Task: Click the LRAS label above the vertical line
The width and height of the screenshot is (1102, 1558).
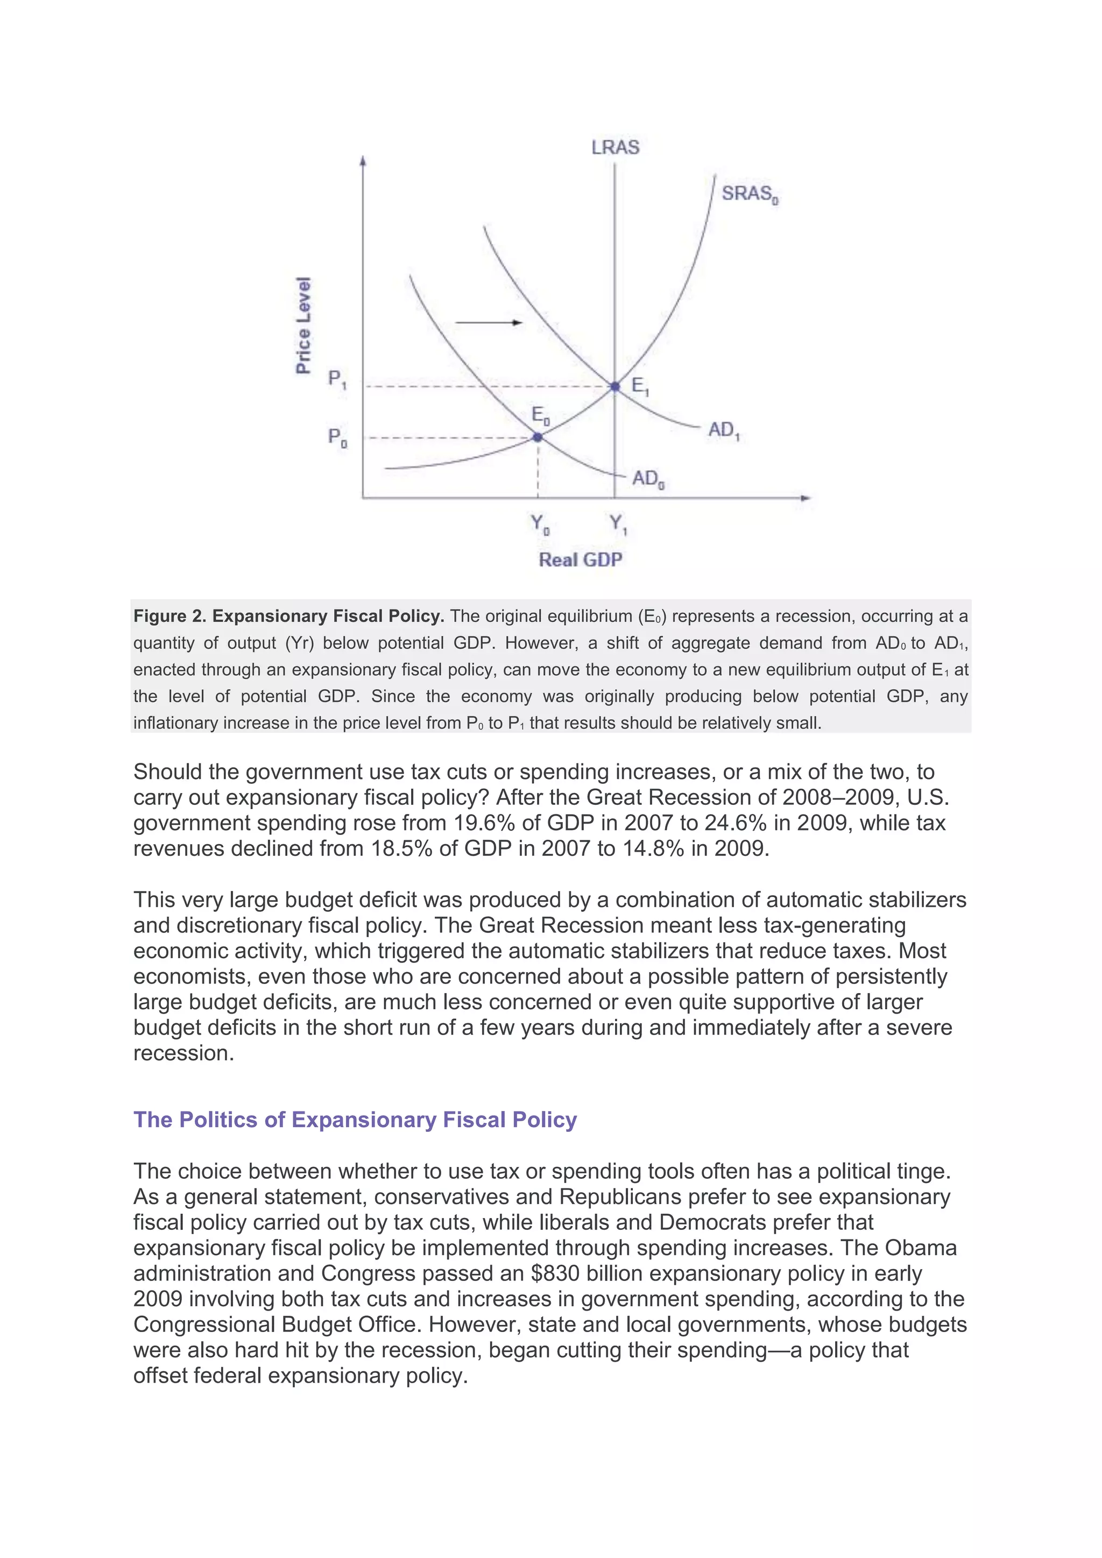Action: tap(615, 147)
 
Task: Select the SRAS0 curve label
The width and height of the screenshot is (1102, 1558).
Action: tap(749, 194)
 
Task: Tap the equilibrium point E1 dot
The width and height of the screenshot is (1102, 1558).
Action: tap(615, 386)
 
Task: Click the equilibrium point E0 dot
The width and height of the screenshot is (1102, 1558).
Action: tap(538, 438)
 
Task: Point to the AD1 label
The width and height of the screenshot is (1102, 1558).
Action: tap(723, 430)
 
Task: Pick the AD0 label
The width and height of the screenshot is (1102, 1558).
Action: tap(648, 479)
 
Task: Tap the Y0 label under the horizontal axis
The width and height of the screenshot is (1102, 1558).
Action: tap(540, 524)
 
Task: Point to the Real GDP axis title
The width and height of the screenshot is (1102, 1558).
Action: tap(580, 560)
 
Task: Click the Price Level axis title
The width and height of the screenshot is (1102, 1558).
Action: tap(303, 325)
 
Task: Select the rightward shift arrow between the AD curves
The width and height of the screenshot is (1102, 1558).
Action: tap(488, 323)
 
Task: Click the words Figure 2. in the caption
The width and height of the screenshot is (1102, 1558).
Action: tap(169, 616)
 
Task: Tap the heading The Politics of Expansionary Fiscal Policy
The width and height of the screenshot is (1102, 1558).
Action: tap(355, 1120)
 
